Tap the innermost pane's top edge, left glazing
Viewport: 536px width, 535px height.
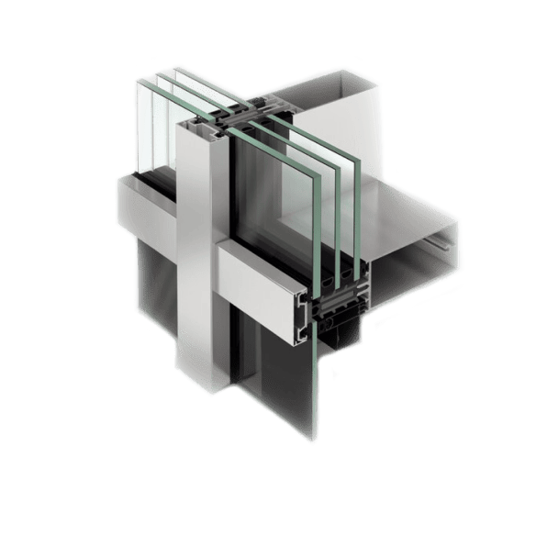tap(180, 70)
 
